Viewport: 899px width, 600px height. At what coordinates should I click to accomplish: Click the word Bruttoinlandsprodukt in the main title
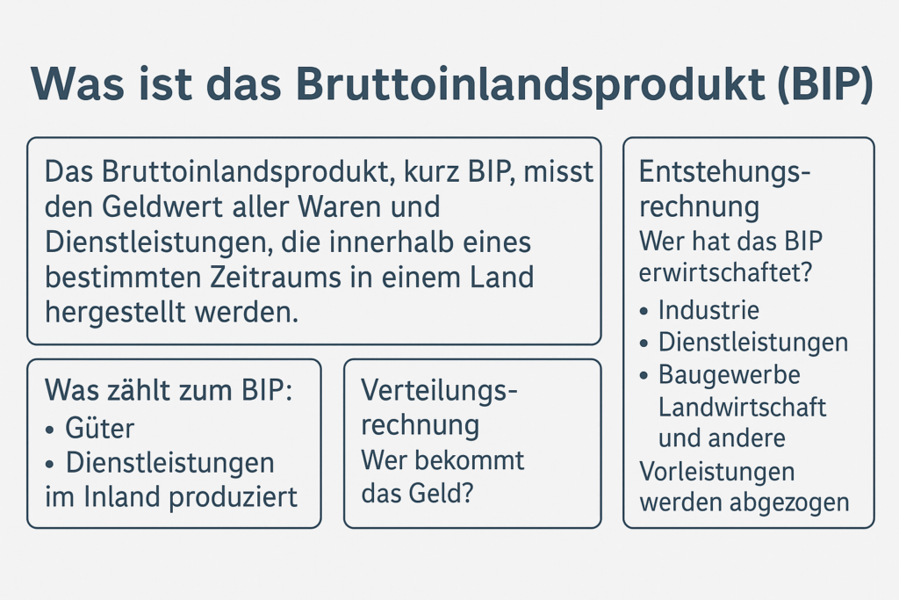click(530, 85)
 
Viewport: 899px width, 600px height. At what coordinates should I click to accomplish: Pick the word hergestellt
click(115, 313)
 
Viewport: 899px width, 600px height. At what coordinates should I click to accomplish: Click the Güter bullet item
click(99, 428)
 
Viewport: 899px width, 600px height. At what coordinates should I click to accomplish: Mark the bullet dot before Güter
click(50, 430)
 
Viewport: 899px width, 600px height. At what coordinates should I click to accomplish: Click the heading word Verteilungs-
click(439, 392)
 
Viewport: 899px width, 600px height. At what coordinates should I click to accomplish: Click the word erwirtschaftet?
click(725, 273)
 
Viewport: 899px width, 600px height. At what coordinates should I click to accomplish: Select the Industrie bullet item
click(708, 310)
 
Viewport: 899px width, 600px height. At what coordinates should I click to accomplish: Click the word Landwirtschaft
click(742, 408)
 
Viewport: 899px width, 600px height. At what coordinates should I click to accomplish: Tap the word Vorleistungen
click(716, 473)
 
